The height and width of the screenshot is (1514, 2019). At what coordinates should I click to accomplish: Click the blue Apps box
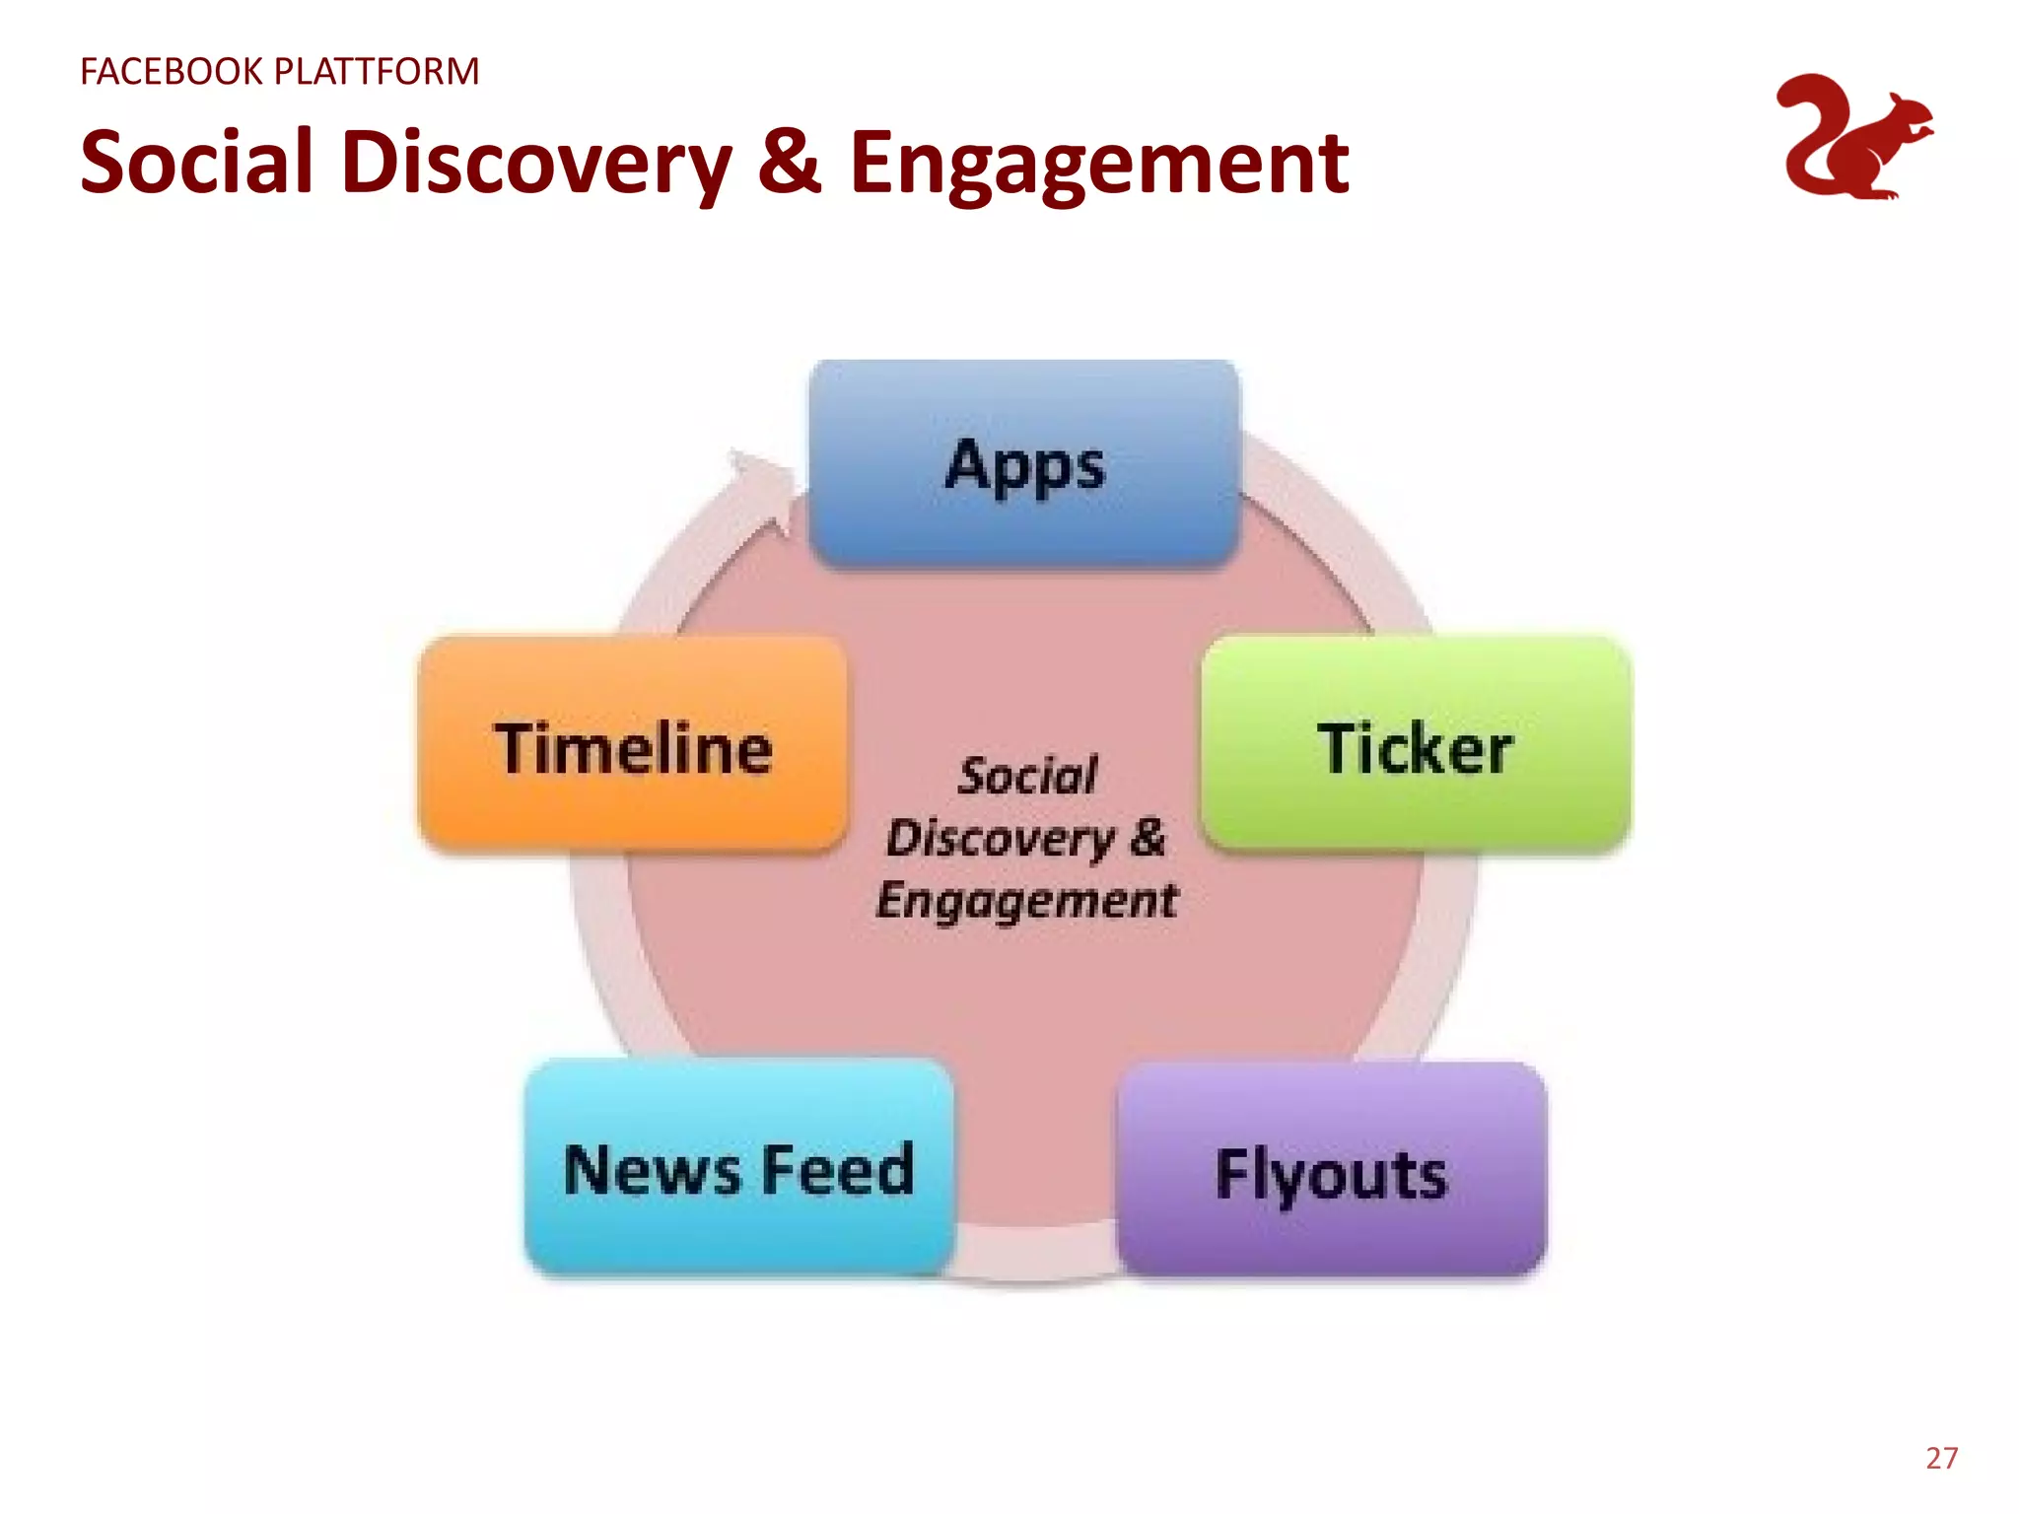[x=1023, y=463]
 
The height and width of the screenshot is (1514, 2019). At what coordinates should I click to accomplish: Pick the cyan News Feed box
[x=739, y=1168]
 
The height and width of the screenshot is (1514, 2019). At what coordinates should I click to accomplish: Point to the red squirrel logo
[x=1853, y=138]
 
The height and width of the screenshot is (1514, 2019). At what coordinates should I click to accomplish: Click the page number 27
[x=1941, y=1458]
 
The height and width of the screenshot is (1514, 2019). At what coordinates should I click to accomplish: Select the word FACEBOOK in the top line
[x=172, y=72]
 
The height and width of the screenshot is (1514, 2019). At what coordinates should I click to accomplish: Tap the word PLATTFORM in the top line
[x=376, y=72]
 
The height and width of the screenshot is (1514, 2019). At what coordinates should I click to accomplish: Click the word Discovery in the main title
[x=537, y=163]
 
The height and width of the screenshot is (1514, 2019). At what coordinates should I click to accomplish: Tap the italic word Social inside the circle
[x=1027, y=776]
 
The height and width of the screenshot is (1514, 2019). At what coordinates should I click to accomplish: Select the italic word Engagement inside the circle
[x=1026, y=900]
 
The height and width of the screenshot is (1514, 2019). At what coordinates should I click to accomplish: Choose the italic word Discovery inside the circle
[x=1000, y=839]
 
